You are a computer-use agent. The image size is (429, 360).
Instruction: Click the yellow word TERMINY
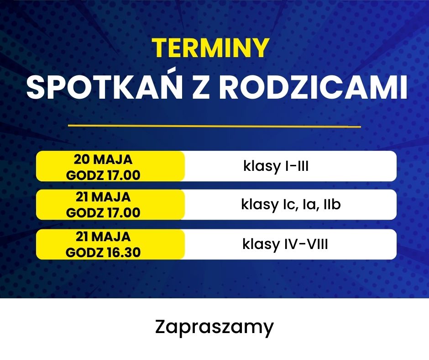click(x=210, y=48)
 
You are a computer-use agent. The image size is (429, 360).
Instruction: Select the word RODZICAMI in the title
click(x=313, y=87)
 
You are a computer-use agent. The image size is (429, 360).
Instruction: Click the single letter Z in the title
click(x=201, y=87)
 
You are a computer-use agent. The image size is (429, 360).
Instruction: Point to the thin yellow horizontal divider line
click(x=214, y=126)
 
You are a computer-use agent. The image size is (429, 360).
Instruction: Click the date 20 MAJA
click(x=103, y=159)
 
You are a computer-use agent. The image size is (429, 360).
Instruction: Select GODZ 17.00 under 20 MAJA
click(x=103, y=175)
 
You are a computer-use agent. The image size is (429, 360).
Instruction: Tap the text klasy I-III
click(x=276, y=166)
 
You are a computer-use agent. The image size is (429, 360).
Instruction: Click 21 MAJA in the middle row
click(x=103, y=197)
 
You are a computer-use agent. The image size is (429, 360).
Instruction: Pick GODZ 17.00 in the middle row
click(x=103, y=213)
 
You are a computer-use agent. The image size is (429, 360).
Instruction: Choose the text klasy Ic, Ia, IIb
click(x=291, y=204)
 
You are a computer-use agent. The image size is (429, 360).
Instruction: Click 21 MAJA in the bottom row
click(x=103, y=237)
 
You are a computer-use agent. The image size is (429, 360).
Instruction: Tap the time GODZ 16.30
click(x=103, y=252)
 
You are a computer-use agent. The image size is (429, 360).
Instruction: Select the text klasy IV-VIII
click(x=285, y=244)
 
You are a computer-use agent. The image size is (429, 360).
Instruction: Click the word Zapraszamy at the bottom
click(x=214, y=327)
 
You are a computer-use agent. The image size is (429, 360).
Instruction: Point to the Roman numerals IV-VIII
click(x=306, y=244)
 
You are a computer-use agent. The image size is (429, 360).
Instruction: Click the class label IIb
click(x=332, y=204)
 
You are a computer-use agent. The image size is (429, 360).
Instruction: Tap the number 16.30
click(x=124, y=252)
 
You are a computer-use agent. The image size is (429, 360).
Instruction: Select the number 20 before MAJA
click(x=82, y=159)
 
